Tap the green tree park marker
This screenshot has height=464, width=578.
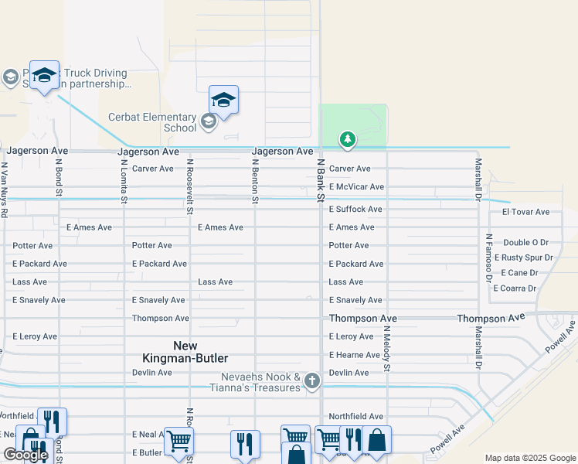click(x=348, y=139)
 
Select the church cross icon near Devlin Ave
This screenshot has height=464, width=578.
click(x=311, y=380)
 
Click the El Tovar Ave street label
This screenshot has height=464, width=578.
click(x=525, y=212)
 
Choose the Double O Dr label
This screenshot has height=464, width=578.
click(x=525, y=243)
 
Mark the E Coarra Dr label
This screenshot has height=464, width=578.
click(x=514, y=288)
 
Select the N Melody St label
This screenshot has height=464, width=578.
click(x=387, y=348)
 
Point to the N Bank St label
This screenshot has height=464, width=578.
click(x=320, y=181)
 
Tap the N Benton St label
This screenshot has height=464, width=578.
click(x=254, y=181)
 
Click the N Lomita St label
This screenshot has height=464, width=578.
click(x=124, y=183)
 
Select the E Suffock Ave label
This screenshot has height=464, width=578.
click(x=355, y=210)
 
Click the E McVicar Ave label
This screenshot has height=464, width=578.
click(x=356, y=187)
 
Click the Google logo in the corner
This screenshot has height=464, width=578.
click(x=25, y=455)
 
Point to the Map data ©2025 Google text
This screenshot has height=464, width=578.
click(x=530, y=459)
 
